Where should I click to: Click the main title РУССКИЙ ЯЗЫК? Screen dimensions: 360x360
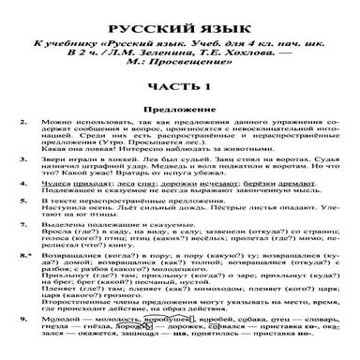pos(180,11)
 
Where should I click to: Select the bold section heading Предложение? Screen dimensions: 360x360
pos(180,109)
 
